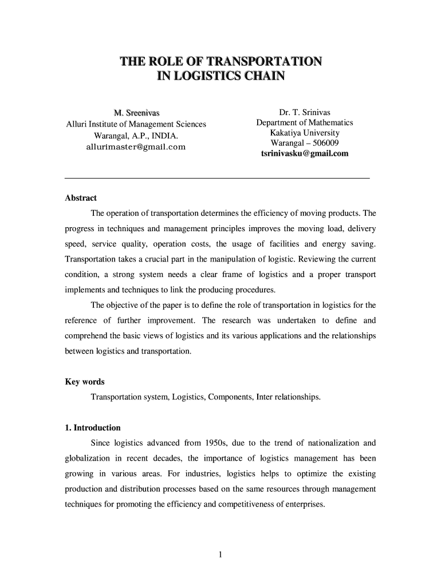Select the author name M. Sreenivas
[x=136, y=112]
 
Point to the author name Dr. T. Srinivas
[x=304, y=112]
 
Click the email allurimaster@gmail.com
[x=136, y=147]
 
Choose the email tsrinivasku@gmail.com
[x=304, y=153]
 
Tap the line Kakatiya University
[x=304, y=133]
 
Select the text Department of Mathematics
[x=304, y=122]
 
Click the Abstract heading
[x=81, y=198]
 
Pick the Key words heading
[x=85, y=382]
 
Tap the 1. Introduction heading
[x=92, y=428]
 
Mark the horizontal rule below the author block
[x=218, y=179]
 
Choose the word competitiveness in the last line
[x=257, y=505]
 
